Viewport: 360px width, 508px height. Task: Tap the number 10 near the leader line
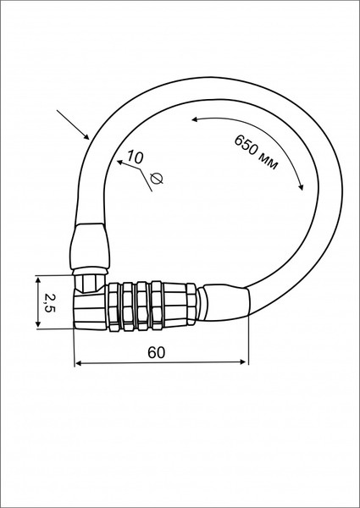[x=136, y=157]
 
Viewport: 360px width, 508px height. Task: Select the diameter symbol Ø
[x=157, y=177]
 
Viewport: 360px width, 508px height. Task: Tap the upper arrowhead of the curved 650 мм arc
[x=197, y=119]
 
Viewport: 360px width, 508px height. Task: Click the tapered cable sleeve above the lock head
[x=89, y=246]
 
